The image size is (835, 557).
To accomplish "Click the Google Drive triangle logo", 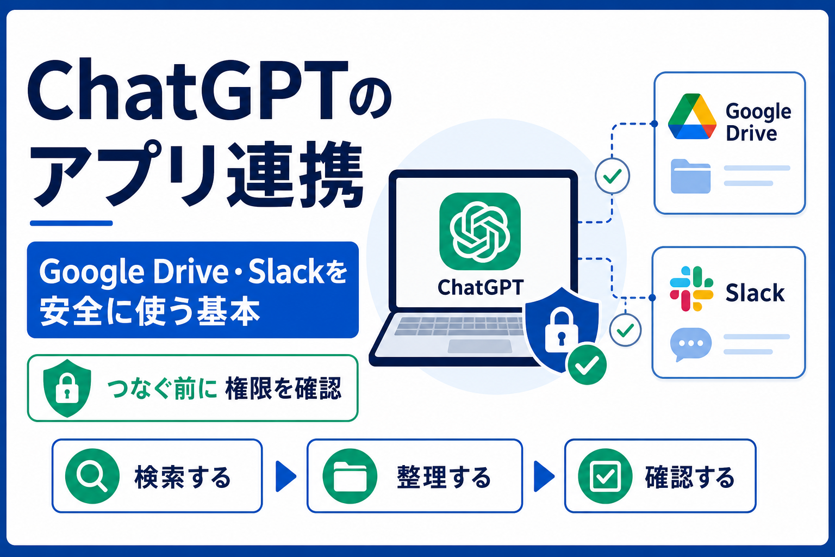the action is point(692,116).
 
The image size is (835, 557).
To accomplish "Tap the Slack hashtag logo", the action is point(691,288).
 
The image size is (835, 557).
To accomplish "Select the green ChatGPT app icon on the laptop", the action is point(480,231).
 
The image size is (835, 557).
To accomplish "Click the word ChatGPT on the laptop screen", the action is point(481,288).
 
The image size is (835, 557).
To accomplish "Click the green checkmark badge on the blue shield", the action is point(587,364).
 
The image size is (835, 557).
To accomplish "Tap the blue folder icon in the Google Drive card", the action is point(690,176).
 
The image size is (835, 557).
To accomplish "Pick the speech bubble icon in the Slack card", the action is point(691,344).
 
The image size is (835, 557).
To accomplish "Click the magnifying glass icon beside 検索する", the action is point(92,476).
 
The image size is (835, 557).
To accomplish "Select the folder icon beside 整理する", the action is point(350,476).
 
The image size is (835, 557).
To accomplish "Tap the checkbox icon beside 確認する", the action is point(606,476).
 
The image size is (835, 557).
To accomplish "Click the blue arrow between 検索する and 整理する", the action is point(285,476).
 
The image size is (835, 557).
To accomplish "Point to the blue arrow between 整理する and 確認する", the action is point(544,476).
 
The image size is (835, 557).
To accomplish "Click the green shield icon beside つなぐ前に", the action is point(67,388).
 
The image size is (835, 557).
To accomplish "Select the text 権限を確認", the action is point(283,388).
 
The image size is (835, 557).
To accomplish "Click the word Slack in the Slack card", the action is point(755,293).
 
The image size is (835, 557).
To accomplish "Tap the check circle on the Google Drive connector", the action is point(612,176).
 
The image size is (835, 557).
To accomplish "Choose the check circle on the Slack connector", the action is point(625,330).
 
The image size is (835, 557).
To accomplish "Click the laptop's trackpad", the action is point(480,346).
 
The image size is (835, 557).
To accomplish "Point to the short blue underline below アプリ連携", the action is point(71,223).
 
